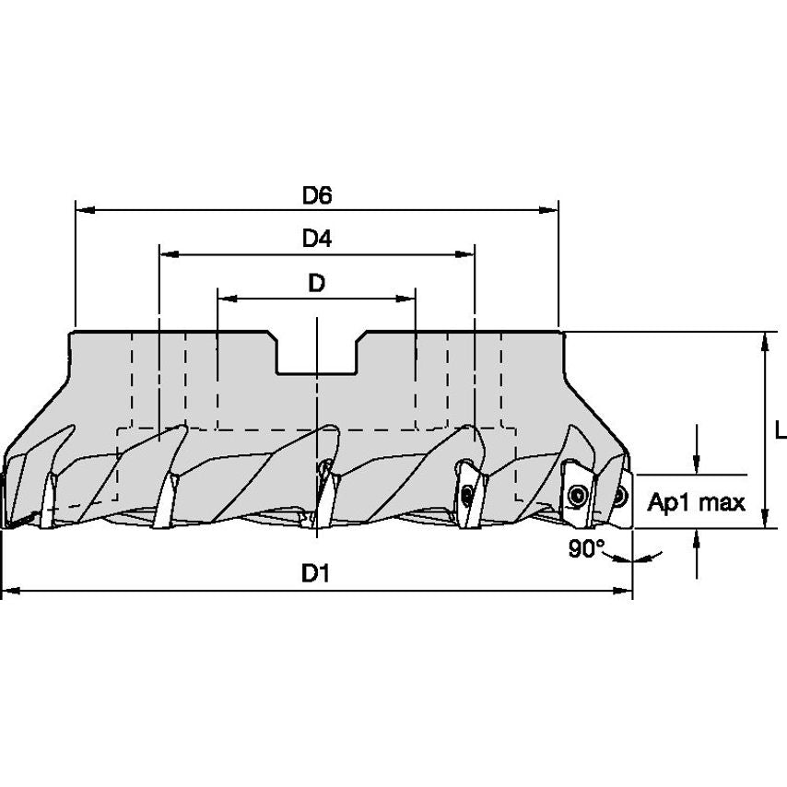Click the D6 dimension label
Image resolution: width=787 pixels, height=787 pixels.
[x=316, y=195]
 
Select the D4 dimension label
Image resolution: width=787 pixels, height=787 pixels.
[x=316, y=239]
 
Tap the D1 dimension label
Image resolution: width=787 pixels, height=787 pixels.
[x=316, y=573]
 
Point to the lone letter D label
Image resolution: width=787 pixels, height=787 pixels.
[x=316, y=284]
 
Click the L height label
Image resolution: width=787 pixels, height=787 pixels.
[x=780, y=430]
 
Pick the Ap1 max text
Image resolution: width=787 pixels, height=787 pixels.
[x=696, y=502]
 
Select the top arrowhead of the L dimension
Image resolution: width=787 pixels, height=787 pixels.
[x=764, y=341]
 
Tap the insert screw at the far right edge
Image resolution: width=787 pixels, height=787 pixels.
[x=620, y=497]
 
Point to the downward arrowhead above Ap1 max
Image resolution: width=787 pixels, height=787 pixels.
[x=697, y=464]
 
